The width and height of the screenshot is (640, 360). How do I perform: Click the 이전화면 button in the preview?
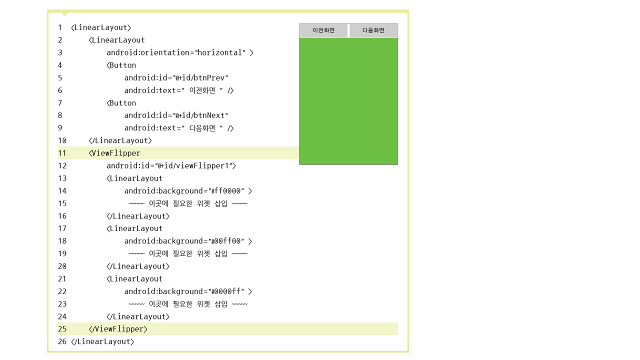323,30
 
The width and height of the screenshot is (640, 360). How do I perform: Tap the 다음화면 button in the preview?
373,30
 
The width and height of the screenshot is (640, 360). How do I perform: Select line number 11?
62,153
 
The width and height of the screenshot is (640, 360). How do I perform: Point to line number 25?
62,329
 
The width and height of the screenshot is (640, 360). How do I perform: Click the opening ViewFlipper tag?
115,153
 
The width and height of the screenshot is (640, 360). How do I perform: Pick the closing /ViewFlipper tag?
118,329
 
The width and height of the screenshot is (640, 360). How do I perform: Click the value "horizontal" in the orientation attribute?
221,52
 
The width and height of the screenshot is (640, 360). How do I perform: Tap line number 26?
62,341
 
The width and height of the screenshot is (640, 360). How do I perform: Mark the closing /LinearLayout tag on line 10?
120,140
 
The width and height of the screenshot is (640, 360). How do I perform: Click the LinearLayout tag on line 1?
101,27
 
